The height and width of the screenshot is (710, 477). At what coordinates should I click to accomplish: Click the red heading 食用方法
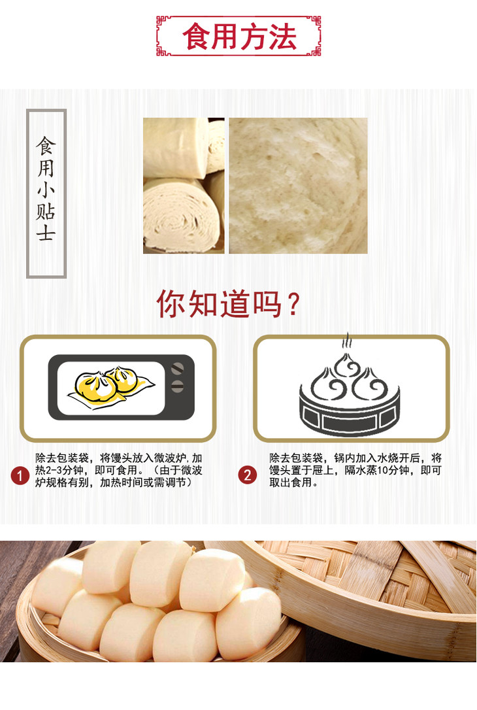coord(239,36)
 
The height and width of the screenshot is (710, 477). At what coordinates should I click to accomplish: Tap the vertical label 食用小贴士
coord(46,189)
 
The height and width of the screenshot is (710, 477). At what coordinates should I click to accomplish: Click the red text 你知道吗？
coord(228,303)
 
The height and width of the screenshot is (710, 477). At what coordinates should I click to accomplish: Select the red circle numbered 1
coord(20,475)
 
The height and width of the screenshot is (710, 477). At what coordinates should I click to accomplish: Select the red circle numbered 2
coord(247,475)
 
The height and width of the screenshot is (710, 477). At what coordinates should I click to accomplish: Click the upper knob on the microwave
coord(177,368)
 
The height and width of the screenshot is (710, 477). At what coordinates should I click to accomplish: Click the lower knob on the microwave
coord(177,386)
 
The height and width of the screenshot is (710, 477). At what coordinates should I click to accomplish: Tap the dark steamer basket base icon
coord(350,415)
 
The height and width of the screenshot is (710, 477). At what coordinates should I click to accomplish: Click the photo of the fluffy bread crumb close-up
coord(298,186)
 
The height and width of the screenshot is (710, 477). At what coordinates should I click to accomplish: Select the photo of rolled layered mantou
coord(184,186)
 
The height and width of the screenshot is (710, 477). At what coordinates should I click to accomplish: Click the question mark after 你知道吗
coord(293,304)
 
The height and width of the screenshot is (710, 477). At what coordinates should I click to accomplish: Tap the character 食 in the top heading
coord(197,36)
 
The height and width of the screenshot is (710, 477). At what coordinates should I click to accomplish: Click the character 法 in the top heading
coord(282,36)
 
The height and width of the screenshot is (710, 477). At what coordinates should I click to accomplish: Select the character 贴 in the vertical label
coord(46,211)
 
